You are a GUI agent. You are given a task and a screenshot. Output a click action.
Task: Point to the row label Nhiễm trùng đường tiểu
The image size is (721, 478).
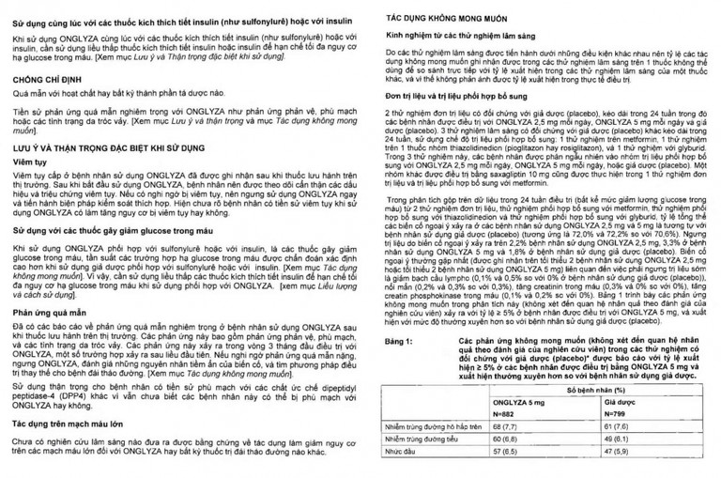[420, 464]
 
